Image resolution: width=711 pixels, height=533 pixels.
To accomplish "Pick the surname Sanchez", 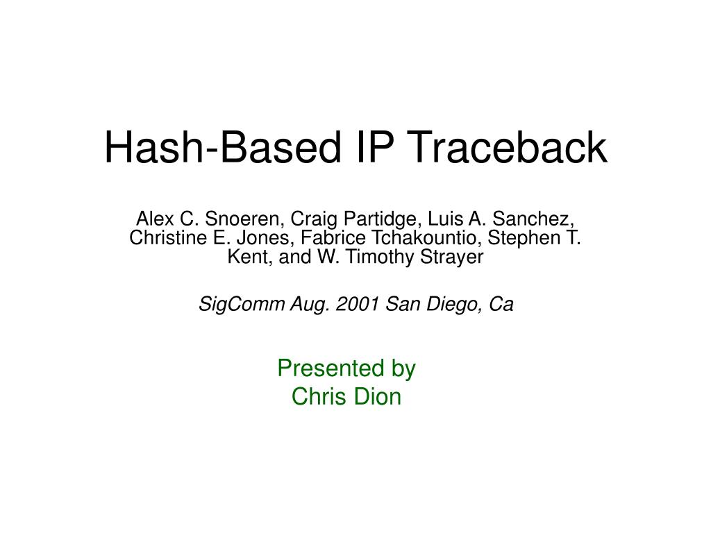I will [537, 219].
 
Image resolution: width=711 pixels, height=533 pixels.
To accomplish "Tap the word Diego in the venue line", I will [447, 304].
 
